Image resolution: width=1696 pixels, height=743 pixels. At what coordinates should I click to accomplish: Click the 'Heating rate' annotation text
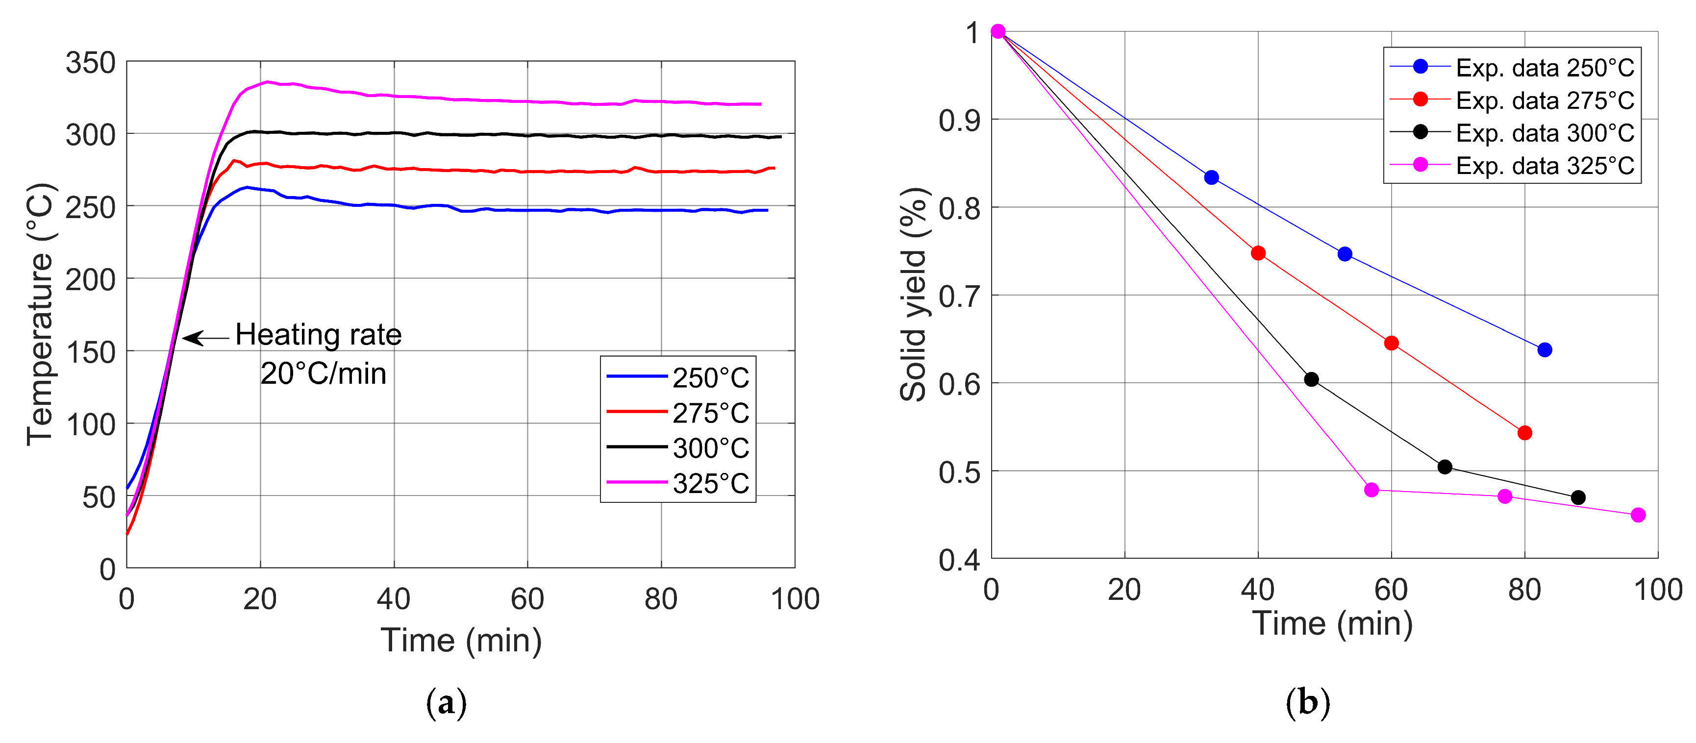[319, 335]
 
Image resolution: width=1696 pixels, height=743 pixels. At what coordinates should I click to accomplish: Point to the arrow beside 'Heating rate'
[205, 338]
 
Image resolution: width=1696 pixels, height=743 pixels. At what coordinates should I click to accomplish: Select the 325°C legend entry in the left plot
[678, 484]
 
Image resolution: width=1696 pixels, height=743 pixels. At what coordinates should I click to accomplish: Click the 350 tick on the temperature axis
[91, 63]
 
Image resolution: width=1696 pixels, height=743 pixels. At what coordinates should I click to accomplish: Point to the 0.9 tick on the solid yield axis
[959, 121]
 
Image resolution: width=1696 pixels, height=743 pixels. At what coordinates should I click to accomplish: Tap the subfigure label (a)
[447, 703]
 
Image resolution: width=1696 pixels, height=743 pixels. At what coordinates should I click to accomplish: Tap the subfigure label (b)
[1308, 703]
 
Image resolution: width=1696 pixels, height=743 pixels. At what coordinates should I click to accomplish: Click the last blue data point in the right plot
[1545, 350]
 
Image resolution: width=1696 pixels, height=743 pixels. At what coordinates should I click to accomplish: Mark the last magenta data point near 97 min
[1639, 515]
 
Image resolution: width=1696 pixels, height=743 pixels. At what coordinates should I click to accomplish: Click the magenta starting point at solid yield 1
[998, 31]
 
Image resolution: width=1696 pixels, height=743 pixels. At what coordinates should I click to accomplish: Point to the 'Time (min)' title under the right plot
[1333, 623]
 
